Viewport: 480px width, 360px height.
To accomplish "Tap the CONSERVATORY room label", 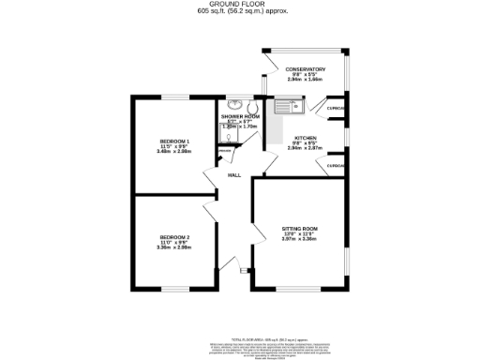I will [306, 68].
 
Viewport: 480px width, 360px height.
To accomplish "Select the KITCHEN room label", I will [305, 137].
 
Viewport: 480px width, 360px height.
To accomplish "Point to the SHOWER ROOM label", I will [240, 117].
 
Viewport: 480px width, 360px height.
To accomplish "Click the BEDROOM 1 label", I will [174, 141].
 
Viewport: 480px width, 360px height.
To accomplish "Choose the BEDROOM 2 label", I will [174, 236].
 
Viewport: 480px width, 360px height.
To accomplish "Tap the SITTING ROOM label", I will [300, 229].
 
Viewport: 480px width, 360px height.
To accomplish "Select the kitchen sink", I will [285, 108].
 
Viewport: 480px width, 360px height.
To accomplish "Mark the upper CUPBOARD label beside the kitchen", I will [337, 109].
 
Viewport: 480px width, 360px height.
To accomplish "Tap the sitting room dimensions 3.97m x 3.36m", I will [300, 240].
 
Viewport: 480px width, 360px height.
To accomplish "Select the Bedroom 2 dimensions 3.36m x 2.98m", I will [174, 247].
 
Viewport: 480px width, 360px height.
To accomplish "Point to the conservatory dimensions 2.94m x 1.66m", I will [306, 80].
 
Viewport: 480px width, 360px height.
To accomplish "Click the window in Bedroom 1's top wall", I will [175, 97].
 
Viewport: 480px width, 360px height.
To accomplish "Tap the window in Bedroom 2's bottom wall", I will [175, 288].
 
